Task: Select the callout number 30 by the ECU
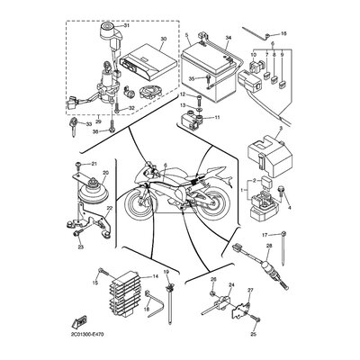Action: pyautogui.click(x=163, y=40)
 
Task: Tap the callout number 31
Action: pyautogui.click(x=126, y=25)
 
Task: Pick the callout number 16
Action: pyautogui.click(x=285, y=33)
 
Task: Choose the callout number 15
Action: pyautogui.click(x=92, y=282)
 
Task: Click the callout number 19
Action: pyautogui.click(x=166, y=273)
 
